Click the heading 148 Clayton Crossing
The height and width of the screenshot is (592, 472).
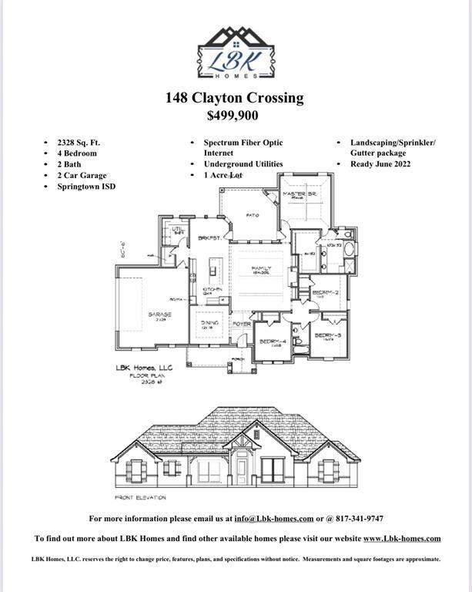pyautogui.click(x=234, y=98)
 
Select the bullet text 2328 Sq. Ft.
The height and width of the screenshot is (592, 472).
pyautogui.click(x=79, y=143)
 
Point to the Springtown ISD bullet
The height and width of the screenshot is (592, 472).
pyautogui.click(x=85, y=186)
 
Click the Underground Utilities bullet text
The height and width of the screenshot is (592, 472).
pyautogui.click(x=243, y=164)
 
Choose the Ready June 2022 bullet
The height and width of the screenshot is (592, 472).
pyautogui.click(x=380, y=164)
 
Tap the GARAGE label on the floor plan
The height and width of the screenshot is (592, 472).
pyautogui.click(x=159, y=314)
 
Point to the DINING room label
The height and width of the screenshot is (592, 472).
pyautogui.click(x=209, y=323)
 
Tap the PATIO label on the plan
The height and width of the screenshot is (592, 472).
pyautogui.click(x=252, y=215)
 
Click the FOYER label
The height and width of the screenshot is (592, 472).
pyautogui.click(x=242, y=324)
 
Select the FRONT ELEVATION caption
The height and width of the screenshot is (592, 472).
pyautogui.click(x=140, y=497)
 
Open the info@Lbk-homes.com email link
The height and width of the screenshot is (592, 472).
pyautogui.click(x=273, y=519)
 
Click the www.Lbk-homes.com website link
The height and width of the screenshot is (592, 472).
pyautogui.click(x=401, y=538)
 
